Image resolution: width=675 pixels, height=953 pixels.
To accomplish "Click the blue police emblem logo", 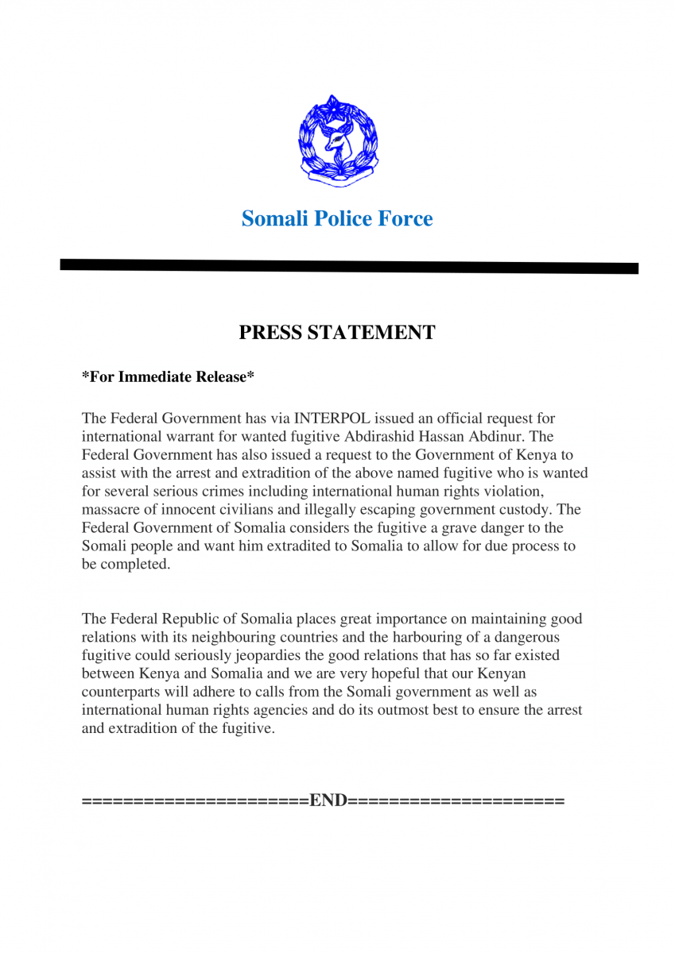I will (338, 141).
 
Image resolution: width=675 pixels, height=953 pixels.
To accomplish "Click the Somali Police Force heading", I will (337, 218).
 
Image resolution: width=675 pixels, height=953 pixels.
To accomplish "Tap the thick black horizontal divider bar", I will (348, 267).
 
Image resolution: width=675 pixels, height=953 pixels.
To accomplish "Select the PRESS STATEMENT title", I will (337, 333).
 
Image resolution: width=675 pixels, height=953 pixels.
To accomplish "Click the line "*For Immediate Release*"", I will (168, 377).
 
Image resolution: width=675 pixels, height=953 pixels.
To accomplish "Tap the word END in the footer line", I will (328, 800).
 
